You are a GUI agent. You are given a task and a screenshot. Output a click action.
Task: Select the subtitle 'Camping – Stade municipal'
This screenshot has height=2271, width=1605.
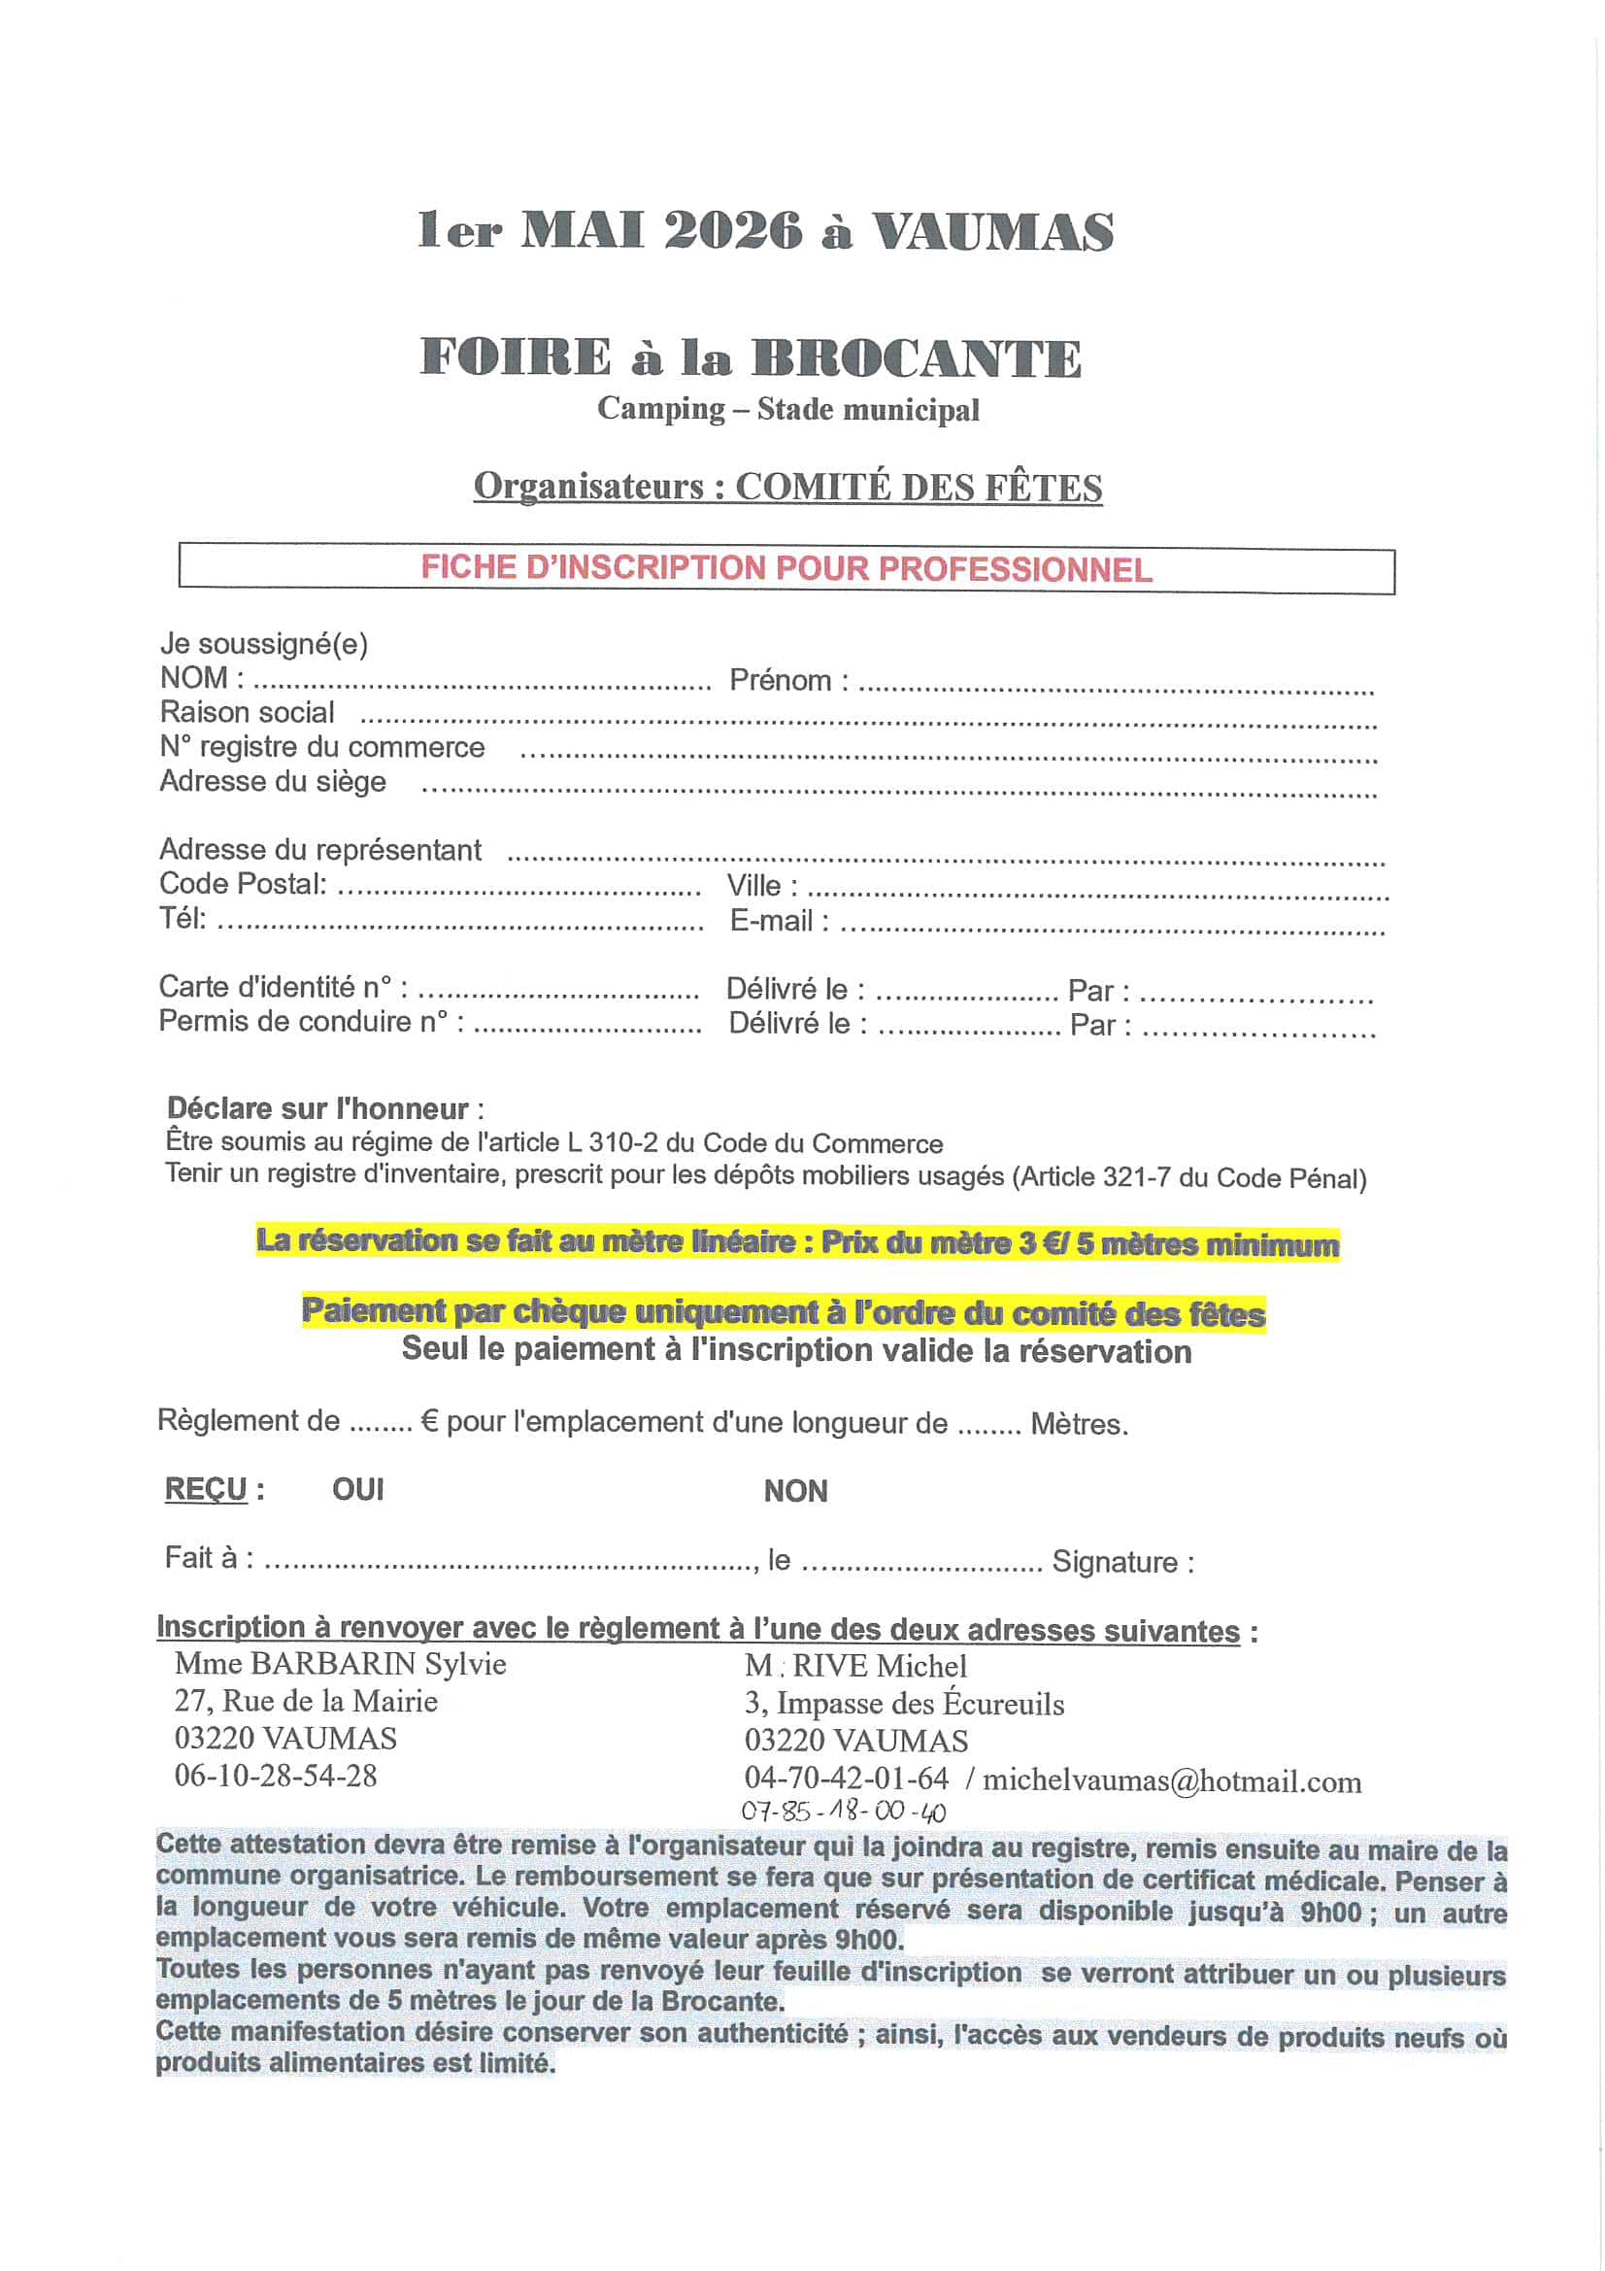[787, 410]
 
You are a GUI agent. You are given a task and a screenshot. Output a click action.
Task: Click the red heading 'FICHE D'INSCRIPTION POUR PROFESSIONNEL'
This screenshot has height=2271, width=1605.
[786, 569]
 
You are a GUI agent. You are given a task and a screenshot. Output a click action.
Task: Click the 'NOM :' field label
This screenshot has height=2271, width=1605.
[202, 679]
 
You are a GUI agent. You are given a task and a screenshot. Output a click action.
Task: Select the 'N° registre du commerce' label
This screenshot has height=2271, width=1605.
[322, 747]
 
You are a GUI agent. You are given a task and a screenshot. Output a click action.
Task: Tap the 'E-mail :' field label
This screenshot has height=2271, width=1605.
[780, 921]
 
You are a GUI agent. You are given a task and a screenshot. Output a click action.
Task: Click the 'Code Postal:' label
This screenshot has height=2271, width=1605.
[243, 883]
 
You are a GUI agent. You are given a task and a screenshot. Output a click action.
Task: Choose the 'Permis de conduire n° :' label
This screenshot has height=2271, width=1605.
[311, 1021]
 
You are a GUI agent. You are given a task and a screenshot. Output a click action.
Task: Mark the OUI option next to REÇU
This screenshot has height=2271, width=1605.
[358, 1490]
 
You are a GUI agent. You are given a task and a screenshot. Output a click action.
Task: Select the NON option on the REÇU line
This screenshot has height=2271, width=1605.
[795, 1491]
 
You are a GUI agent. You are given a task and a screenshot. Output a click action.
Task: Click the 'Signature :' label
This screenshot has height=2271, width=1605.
[1122, 1562]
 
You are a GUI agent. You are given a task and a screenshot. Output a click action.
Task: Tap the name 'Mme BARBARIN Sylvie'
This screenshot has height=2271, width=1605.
[340, 1664]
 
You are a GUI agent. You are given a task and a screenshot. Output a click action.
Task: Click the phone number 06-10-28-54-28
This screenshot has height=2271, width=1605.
[276, 1775]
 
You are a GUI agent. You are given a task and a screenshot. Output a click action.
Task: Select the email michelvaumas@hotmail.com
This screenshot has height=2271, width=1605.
[1172, 1781]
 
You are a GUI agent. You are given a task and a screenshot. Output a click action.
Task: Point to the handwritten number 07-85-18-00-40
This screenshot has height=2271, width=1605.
[844, 1813]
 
